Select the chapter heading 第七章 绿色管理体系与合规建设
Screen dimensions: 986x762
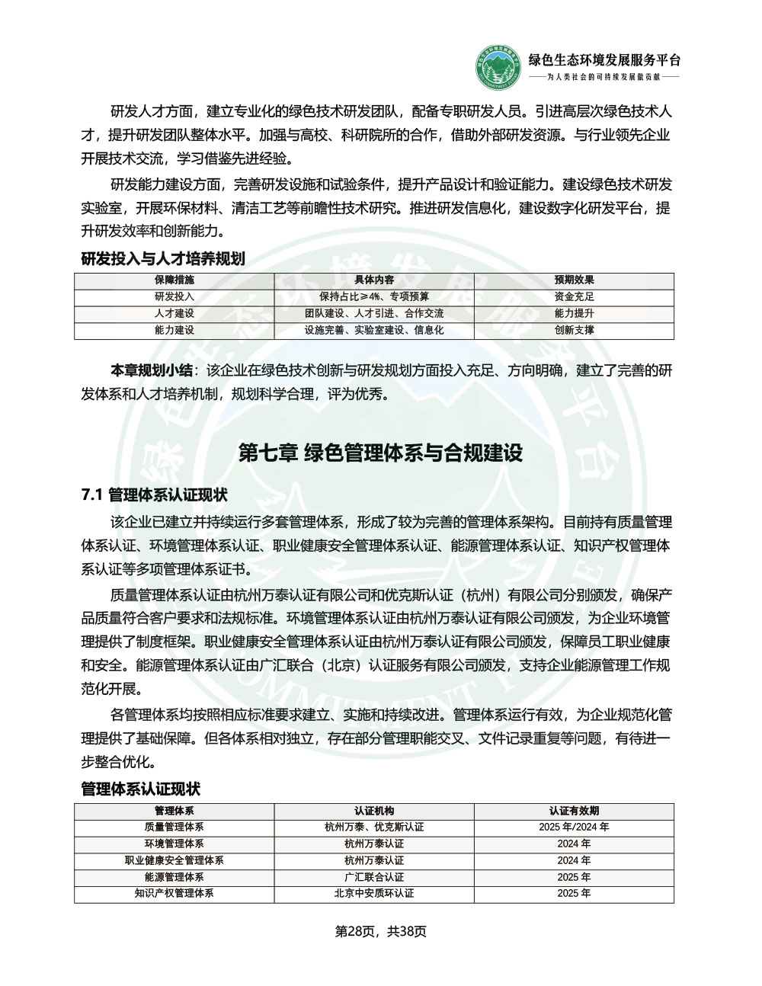(x=380, y=453)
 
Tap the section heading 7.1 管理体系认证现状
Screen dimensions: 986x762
(x=155, y=495)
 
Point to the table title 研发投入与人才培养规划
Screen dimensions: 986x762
(x=163, y=259)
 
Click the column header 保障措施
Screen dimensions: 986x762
(x=174, y=280)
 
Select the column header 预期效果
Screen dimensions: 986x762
(x=574, y=280)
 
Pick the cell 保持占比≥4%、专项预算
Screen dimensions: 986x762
(x=374, y=296)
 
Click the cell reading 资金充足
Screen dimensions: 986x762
(x=574, y=296)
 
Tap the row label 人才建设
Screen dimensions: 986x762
(x=174, y=313)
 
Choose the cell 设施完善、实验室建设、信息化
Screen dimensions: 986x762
(x=374, y=330)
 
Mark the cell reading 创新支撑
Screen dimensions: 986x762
(x=574, y=330)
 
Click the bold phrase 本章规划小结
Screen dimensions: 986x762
(x=152, y=371)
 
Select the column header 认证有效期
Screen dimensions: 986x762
(x=574, y=811)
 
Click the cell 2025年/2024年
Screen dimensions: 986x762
(x=574, y=827)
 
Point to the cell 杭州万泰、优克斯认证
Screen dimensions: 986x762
(x=374, y=827)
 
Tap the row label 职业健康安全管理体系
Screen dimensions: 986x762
(x=174, y=860)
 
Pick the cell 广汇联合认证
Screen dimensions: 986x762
(x=374, y=877)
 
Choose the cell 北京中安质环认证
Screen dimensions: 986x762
(x=374, y=893)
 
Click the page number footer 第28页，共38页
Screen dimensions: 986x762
(x=381, y=931)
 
